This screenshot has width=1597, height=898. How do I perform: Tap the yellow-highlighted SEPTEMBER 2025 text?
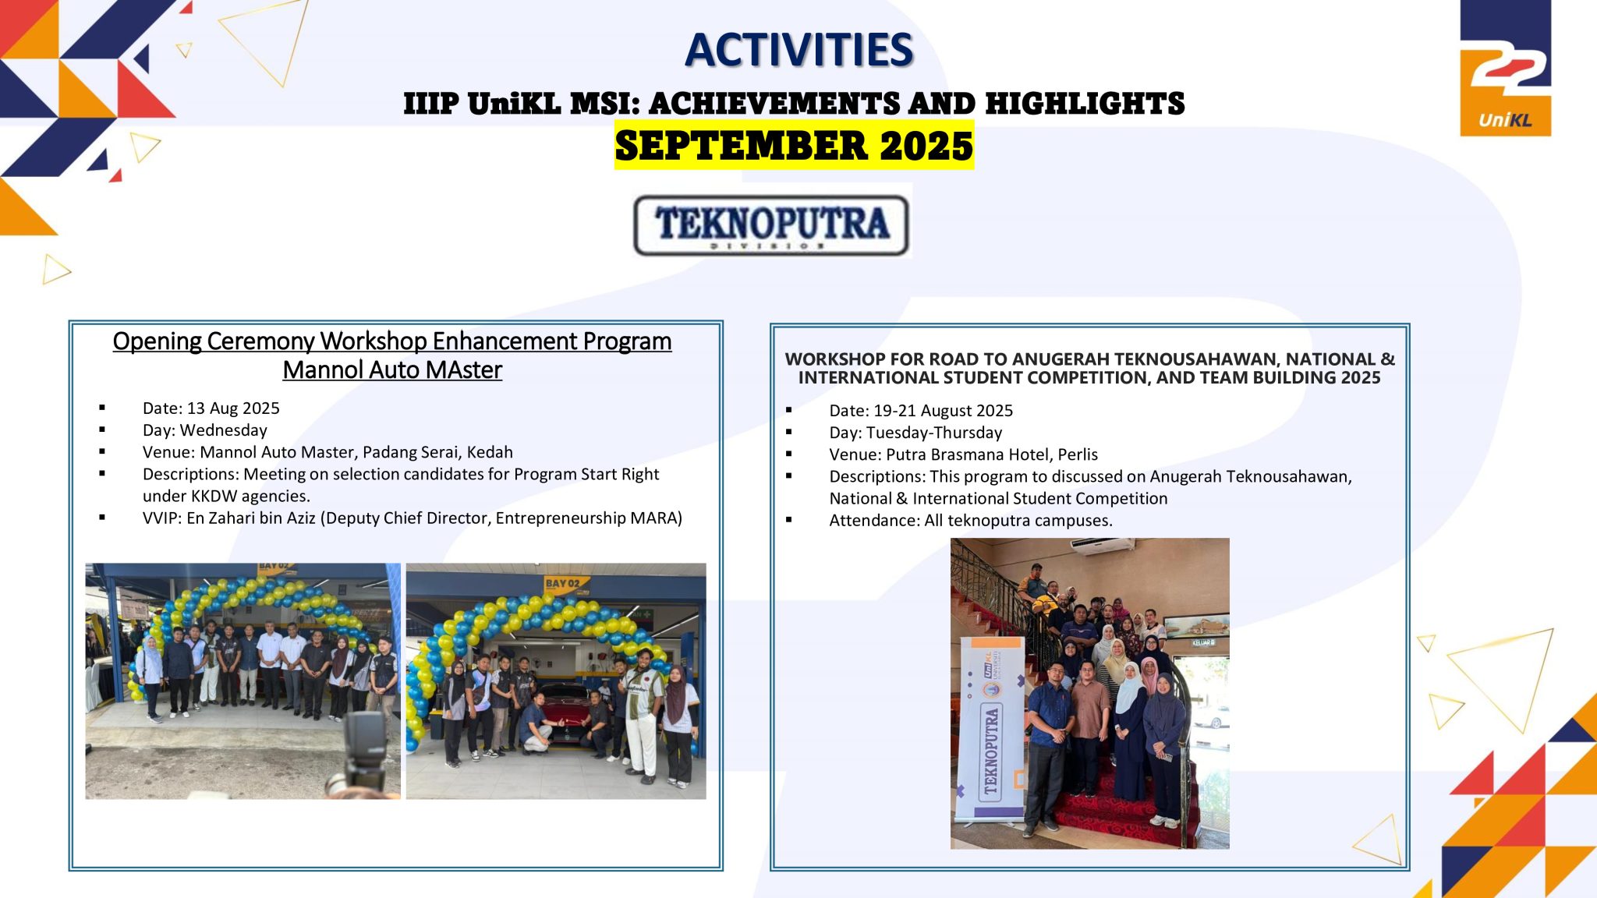[794, 146]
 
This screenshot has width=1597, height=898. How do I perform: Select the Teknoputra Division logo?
[771, 225]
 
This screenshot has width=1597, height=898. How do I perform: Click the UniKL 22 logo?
[1505, 69]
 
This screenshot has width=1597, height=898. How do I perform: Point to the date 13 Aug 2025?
[233, 408]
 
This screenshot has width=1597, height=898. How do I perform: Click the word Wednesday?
[224, 430]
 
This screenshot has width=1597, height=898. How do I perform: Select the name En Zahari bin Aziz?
[251, 518]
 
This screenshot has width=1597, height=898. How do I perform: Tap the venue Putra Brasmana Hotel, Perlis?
[992, 454]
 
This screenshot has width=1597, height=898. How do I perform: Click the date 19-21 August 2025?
[941, 411]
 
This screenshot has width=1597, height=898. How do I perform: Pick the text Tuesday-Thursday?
[934, 433]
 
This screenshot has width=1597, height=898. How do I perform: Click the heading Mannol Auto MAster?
[392, 369]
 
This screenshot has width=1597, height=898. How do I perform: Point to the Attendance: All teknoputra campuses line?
[971, 520]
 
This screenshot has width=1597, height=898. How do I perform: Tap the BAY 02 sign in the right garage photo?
[562, 584]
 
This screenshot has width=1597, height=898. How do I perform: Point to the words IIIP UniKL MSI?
[521, 104]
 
